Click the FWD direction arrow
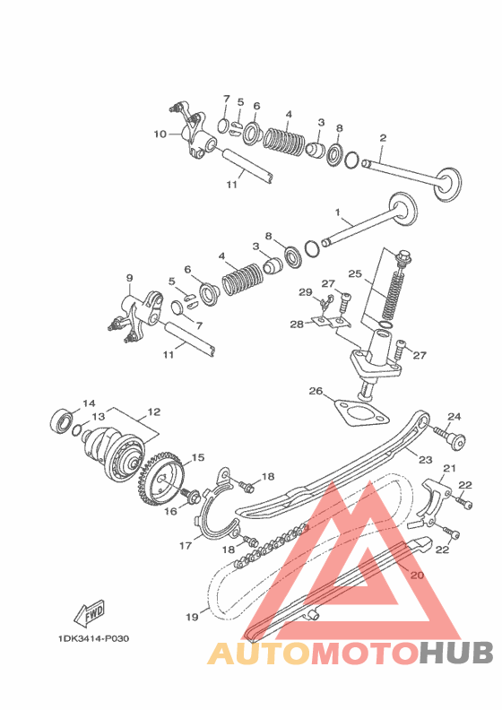click(x=89, y=611)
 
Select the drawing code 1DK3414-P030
click(x=93, y=638)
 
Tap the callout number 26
click(x=316, y=390)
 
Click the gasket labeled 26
click(x=361, y=413)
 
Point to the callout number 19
click(x=192, y=617)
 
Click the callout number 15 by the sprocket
click(x=198, y=457)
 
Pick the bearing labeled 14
click(x=62, y=420)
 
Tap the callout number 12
click(x=154, y=412)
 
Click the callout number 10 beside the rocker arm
click(x=160, y=134)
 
